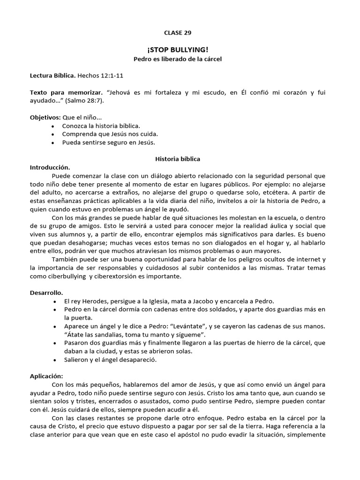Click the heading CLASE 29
178,33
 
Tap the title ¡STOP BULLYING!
178,50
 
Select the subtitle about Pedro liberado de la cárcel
178,59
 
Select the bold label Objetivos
45,117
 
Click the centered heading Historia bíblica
178,159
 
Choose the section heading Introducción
50,167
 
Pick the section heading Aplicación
46,375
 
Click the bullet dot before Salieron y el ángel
56,360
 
